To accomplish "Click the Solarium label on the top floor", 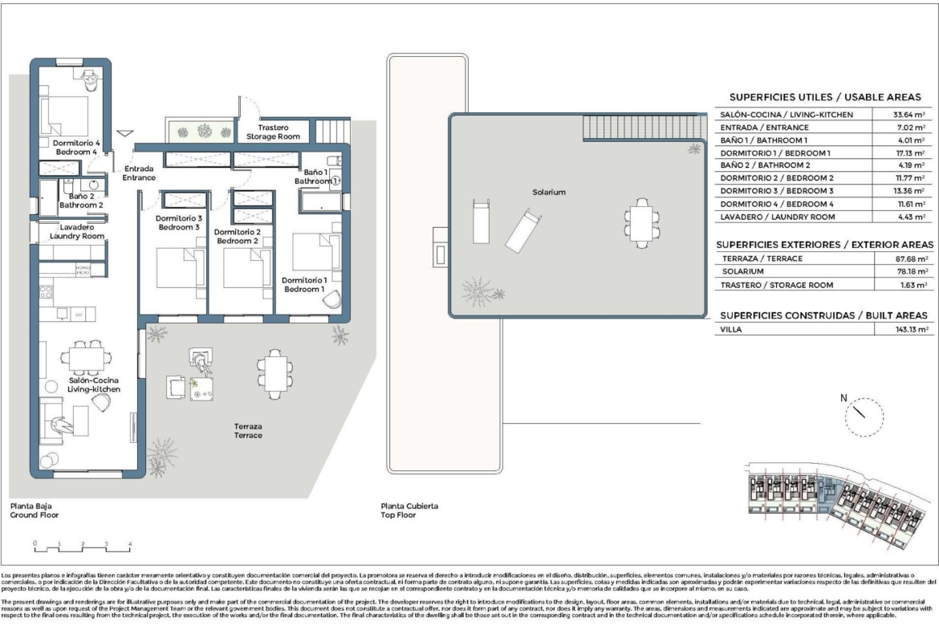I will (549, 193).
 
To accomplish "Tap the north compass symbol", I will (863, 413).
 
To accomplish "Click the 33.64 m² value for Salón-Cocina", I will (912, 115).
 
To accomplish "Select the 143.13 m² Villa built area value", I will (912, 329).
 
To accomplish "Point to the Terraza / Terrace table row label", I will (761, 258).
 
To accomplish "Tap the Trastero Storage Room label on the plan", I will (273, 132).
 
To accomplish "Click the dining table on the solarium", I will (642, 219).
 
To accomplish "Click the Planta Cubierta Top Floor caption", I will (410, 510).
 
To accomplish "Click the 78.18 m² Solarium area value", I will (912, 272).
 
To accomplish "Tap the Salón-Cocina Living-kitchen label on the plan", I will (94, 384).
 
